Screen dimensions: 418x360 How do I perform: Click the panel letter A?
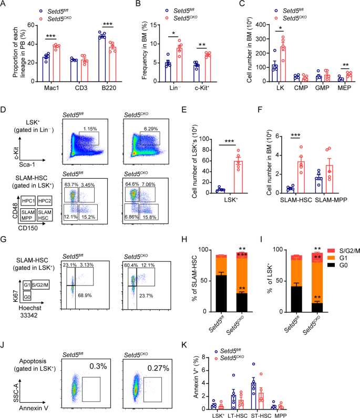[x=5, y=5]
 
